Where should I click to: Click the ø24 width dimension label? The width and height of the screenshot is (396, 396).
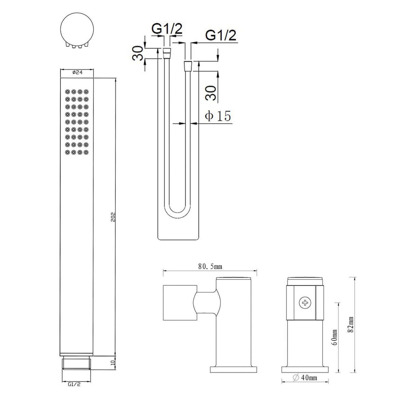[x=77, y=72]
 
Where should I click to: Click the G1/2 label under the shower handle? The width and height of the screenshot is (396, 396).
[x=74, y=384]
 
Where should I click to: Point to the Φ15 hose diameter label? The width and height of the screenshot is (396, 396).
[x=218, y=116]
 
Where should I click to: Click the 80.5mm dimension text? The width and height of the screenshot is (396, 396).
[x=210, y=266]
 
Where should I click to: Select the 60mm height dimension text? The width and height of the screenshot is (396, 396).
[x=334, y=337]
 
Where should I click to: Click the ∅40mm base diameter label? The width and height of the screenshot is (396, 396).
[x=305, y=378]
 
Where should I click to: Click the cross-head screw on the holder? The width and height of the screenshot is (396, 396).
[x=305, y=302]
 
